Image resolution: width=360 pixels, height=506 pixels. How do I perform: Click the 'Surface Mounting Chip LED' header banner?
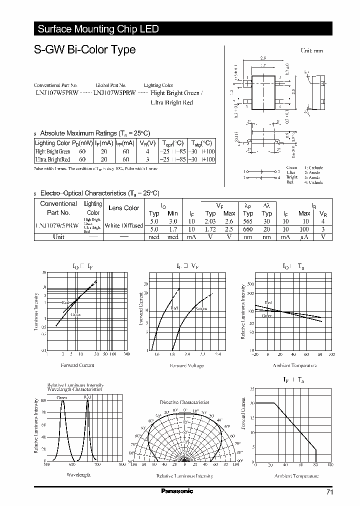click(98, 29)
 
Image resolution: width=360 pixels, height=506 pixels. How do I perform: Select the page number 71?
click(329, 492)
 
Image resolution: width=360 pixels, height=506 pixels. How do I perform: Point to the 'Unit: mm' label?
click(311, 51)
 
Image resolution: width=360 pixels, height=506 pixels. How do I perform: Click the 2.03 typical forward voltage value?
click(210, 220)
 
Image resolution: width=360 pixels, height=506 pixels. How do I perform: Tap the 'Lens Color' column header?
click(124, 208)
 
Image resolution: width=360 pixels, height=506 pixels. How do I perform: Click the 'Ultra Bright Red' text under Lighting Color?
click(171, 102)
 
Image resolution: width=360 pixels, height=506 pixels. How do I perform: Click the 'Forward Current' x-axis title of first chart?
click(77, 365)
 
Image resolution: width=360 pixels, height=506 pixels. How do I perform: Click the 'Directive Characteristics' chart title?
click(184, 402)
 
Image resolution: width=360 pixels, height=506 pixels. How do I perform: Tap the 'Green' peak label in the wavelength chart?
click(61, 398)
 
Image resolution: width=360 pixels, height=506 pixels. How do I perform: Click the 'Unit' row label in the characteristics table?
click(58, 237)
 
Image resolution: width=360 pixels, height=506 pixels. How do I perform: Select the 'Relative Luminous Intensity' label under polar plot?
click(184, 475)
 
